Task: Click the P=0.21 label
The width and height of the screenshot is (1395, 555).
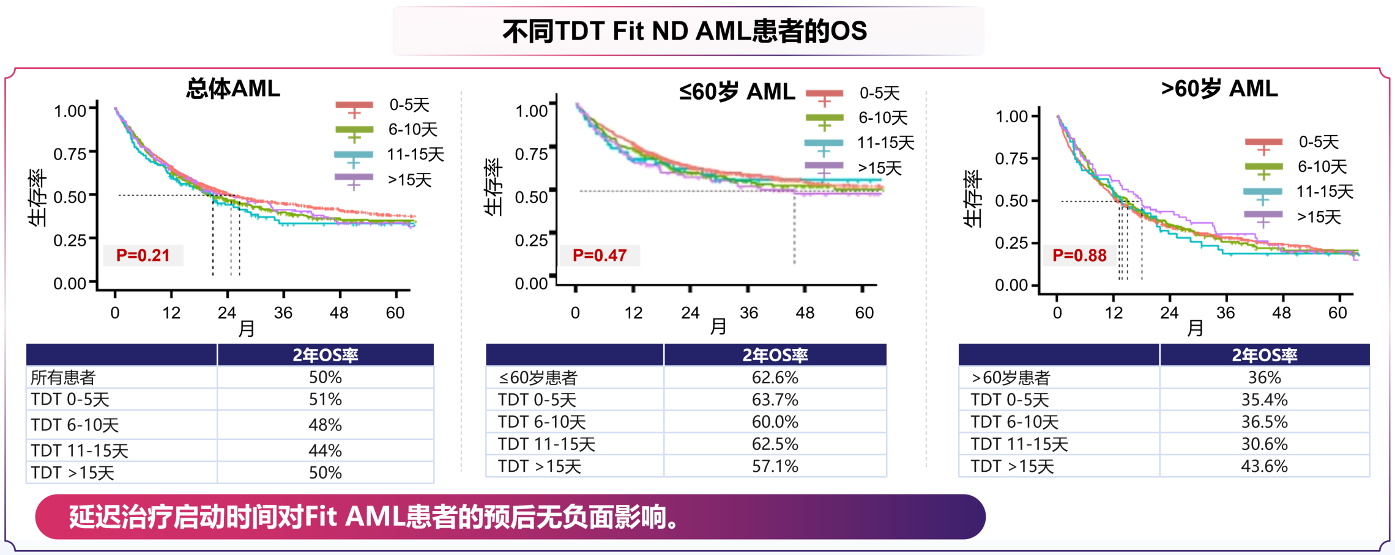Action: [143, 255]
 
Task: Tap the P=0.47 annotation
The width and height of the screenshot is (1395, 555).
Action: [599, 255]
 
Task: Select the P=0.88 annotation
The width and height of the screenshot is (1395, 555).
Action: [1079, 255]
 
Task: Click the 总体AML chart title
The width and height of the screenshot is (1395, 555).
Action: [233, 89]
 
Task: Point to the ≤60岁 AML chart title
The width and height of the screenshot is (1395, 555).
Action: [737, 92]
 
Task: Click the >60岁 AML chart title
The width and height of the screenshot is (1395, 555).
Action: [1219, 89]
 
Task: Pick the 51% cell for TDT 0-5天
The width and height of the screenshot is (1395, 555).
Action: [325, 399]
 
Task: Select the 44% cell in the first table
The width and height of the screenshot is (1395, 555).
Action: [325, 450]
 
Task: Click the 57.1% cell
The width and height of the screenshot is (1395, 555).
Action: [775, 466]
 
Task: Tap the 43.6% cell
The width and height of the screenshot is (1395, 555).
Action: [1264, 466]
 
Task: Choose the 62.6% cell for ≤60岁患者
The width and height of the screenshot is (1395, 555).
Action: [775, 378]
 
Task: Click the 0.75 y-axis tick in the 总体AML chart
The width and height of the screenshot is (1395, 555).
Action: [70, 153]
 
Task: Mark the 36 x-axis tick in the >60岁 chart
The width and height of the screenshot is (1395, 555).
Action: [1225, 313]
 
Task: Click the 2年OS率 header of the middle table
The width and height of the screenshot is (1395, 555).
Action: [775, 355]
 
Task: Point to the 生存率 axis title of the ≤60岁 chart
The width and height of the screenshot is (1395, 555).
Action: [493, 187]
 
